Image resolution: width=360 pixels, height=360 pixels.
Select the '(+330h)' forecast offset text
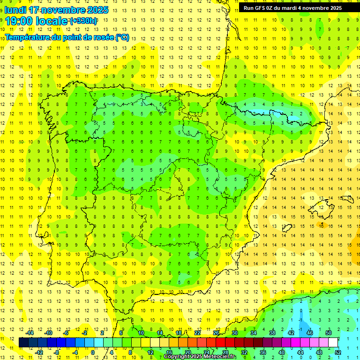tap(83, 21)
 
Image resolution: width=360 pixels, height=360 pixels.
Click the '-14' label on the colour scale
tap(30, 333)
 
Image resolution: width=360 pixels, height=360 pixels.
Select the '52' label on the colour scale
tap(337, 352)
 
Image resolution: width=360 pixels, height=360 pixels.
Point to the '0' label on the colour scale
tap(93, 352)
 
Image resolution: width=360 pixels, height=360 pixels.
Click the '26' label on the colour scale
tap(216, 333)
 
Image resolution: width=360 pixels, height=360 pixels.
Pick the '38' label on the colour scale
tap(272, 333)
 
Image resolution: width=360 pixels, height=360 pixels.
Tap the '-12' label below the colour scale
tap(39, 352)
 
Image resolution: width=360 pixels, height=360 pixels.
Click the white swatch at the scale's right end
tap(333, 343)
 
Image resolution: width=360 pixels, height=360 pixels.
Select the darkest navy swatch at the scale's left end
tap(23, 343)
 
